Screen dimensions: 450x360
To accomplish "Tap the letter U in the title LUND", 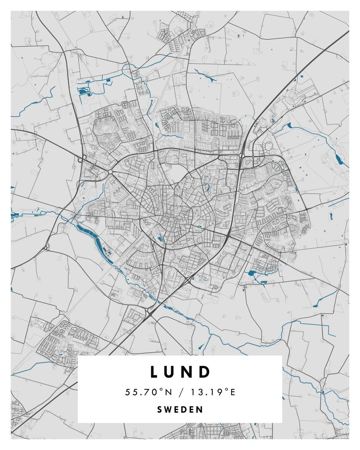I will (173, 372).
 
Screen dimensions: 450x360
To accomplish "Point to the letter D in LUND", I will (206, 372).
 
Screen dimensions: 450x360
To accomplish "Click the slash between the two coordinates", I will (180, 392).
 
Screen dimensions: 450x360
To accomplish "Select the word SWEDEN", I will (180, 410).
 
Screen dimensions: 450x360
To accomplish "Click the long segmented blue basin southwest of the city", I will (95, 242).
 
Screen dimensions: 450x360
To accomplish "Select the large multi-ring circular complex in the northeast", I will (291, 96).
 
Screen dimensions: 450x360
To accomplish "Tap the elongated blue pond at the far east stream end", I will (338, 159).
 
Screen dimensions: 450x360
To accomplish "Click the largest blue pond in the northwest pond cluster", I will (82, 91).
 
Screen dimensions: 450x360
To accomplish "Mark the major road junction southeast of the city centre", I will (229, 236).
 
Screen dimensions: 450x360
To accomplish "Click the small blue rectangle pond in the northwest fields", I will (108, 80).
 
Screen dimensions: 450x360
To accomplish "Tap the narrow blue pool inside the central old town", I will (160, 239).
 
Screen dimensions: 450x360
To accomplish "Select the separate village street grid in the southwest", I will (66, 343).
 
